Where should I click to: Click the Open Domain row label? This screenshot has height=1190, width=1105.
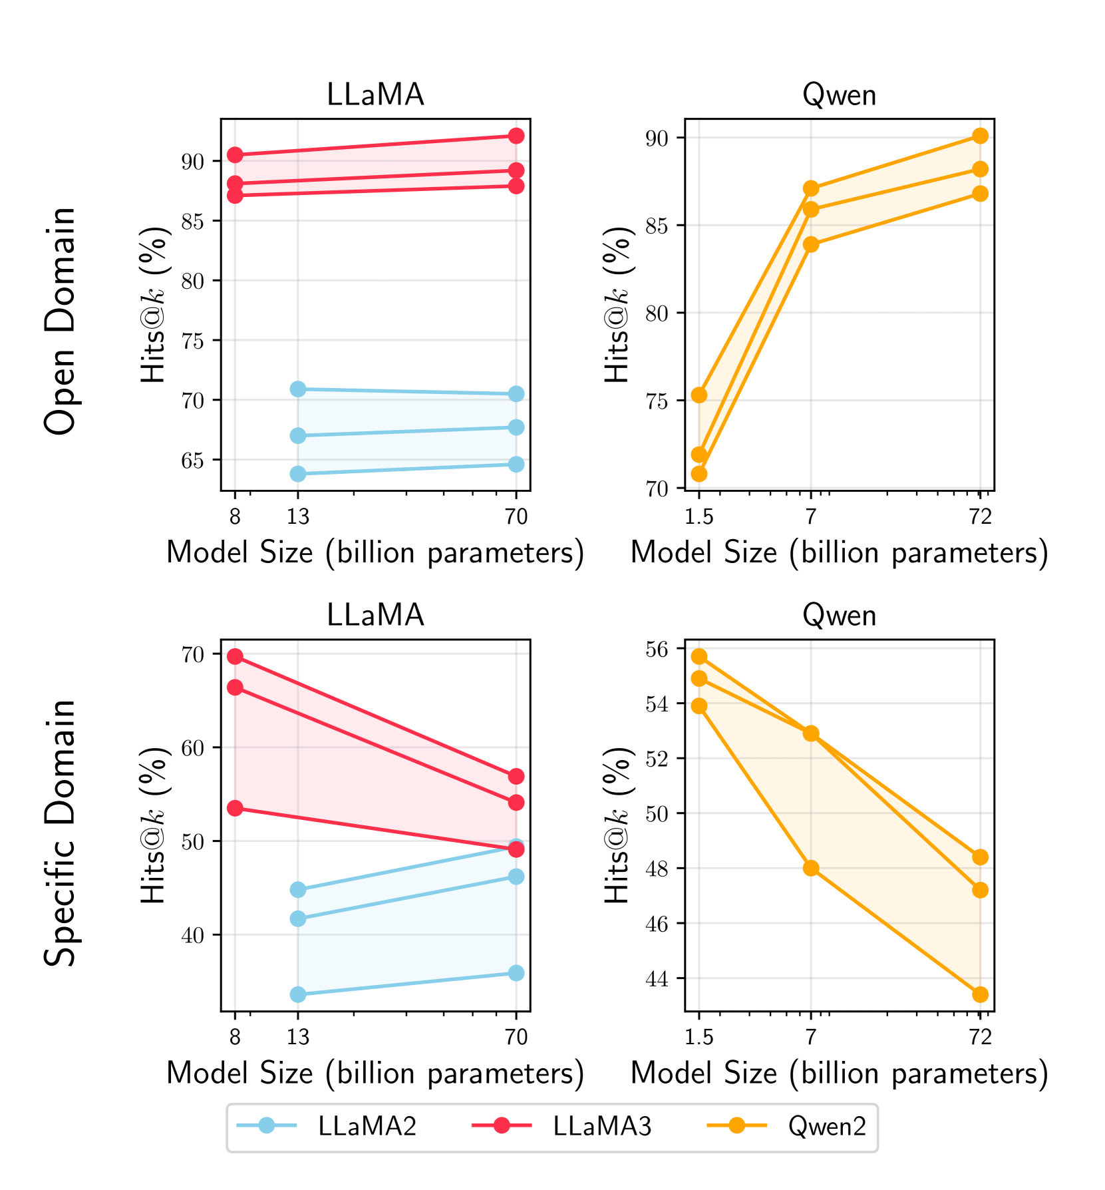pos(60,320)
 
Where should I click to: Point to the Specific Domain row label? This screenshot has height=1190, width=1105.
pos(60,833)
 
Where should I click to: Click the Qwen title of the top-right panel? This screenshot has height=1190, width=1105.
pos(839,95)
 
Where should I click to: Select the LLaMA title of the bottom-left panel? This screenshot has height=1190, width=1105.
pos(375,615)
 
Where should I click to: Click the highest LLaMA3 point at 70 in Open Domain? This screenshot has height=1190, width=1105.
pos(516,136)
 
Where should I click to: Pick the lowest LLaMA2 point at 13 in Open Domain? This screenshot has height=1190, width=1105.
pos(298,474)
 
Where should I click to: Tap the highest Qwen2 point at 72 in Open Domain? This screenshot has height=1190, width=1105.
pos(980,136)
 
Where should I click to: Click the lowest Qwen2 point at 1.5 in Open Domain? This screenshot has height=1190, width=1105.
pos(699,474)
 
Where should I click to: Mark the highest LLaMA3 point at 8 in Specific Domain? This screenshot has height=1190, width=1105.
pos(235,657)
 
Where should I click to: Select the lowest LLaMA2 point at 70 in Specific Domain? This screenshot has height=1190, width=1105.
pos(516,973)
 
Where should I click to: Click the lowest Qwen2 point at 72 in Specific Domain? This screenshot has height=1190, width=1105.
pos(980,994)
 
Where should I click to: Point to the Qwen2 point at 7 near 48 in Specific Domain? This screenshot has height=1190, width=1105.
pos(811,868)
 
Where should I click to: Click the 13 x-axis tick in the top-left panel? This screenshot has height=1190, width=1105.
pos(298,516)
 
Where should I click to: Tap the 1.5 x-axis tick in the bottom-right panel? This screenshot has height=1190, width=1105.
pos(699,1037)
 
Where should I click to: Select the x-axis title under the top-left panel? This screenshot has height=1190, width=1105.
pos(375,552)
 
